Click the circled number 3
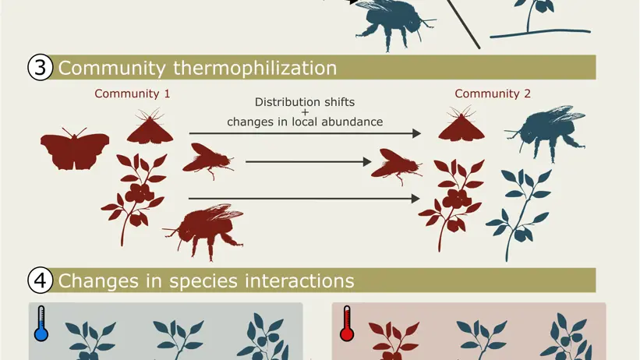point(40,67)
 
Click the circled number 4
point(40,281)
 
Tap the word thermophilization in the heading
point(255,68)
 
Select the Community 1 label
point(133,94)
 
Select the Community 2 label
point(493,94)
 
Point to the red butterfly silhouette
point(75,149)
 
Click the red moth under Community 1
point(150,126)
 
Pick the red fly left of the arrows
point(208,161)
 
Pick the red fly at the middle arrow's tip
point(396,167)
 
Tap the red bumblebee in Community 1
point(203,231)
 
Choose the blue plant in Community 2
point(519,214)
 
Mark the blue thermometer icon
point(41,323)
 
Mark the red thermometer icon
point(347,323)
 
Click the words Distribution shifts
point(305,102)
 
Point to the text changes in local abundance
point(305,122)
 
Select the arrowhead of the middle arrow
point(367,162)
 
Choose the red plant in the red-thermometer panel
point(394,341)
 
